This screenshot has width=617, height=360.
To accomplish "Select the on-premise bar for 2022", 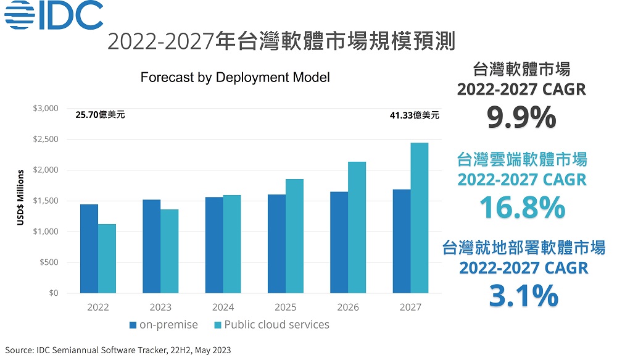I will pyautogui.click(x=89, y=249).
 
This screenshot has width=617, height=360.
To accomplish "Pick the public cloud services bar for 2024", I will pyautogui.click(x=232, y=245).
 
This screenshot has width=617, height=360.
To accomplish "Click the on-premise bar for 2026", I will pyautogui.click(x=339, y=243).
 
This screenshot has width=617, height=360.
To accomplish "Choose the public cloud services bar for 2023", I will pyautogui.click(x=170, y=251).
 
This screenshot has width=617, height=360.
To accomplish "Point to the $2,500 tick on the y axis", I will pyautogui.click(x=45, y=140).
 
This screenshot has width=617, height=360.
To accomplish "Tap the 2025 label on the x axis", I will pyautogui.click(x=286, y=307).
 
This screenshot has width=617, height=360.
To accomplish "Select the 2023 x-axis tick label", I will pyautogui.click(x=160, y=307).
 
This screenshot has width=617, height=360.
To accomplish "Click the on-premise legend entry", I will pyautogui.click(x=164, y=325).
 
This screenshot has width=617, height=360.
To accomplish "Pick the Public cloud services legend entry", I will pyautogui.click(x=271, y=325).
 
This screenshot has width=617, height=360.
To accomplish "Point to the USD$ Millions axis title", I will pyautogui.click(x=20, y=201).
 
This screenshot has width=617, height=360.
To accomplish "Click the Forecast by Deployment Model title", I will pyautogui.click(x=235, y=78).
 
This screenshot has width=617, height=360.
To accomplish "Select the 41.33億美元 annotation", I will pyautogui.click(x=415, y=115).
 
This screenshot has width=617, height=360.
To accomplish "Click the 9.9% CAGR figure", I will pyautogui.click(x=521, y=117).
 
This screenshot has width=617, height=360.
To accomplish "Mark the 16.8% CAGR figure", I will pyautogui.click(x=522, y=207).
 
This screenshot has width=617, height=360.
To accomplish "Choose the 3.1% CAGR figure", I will pyautogui.click(x=523, y=295).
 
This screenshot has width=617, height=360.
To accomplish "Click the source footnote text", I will pyautogui.click(x=117, y=350).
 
